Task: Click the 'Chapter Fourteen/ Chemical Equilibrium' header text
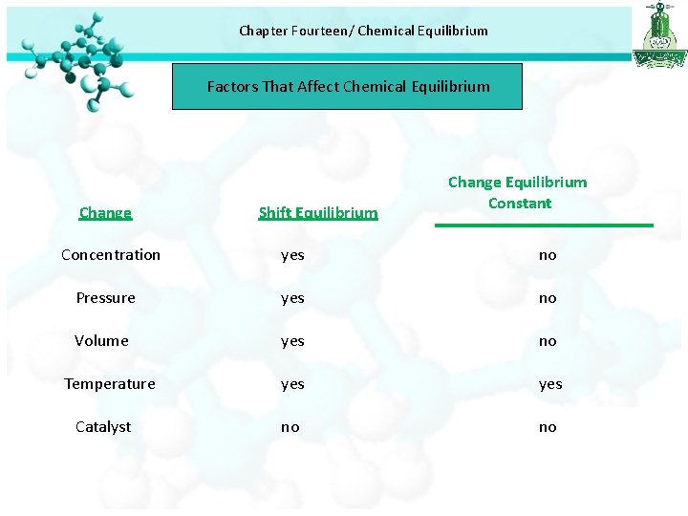[x=363, y=31]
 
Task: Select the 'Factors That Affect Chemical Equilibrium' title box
[x=348, y=87]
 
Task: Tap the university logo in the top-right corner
[x=659, y=34]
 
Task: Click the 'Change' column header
[x=105, y=212]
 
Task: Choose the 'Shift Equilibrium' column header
[x=317, y=212]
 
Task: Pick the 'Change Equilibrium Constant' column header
[x=518, y=192]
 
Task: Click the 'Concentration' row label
[x=111, y=254]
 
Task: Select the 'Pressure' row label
[x=105, y=297]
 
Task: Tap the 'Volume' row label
[x=101, y=340]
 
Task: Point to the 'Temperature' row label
[x=109, y=383]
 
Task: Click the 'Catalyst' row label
[x=103, y=426]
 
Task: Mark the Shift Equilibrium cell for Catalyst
[x=290, y=427]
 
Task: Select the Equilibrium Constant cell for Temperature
[x=549, y=384]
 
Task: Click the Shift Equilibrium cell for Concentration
[x=292, y=255]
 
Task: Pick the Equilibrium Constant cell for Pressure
[x=548, y=298]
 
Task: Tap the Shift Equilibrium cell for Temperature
[x=292, y=384]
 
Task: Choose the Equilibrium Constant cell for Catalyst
[x=548, y=427]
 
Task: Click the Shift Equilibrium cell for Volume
[x=292, y=341]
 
